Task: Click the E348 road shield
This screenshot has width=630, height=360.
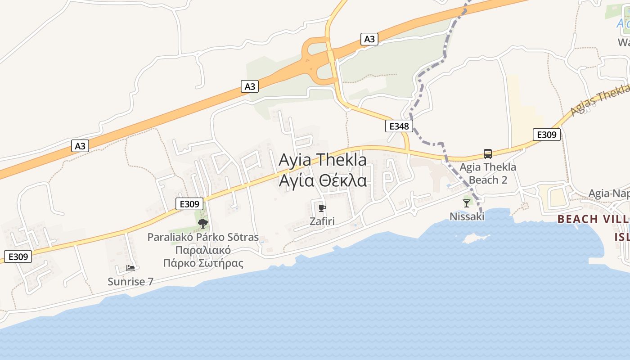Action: coord(399,126)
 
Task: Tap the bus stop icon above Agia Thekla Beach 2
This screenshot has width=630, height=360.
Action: coord(488,154)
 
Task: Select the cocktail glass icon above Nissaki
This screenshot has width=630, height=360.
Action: coord(467,203)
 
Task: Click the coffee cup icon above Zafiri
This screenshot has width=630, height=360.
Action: coord(322,208)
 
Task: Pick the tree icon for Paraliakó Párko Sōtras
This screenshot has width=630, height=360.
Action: coord(203,223)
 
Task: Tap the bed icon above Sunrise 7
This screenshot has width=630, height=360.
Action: coord(130,268)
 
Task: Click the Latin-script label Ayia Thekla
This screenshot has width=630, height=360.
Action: coord(323,160)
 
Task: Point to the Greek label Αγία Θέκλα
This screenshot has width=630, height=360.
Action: coord(323,180)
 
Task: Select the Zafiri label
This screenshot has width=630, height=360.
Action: coord(322,221)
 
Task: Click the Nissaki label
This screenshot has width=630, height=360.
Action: coord(467,217)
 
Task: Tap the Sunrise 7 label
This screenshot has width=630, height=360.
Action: coord(130,282)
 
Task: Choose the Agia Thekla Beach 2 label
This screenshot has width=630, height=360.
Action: coord(488,174)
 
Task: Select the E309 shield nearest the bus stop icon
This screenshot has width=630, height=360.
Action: coord(547,134)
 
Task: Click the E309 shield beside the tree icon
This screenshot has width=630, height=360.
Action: coord(189,204)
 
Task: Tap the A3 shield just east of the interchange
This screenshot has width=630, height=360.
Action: coord(369,39)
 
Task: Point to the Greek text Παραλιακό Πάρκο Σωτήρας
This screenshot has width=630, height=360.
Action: coord(203,256)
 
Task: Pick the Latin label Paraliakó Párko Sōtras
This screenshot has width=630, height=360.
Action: coord(203,237)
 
